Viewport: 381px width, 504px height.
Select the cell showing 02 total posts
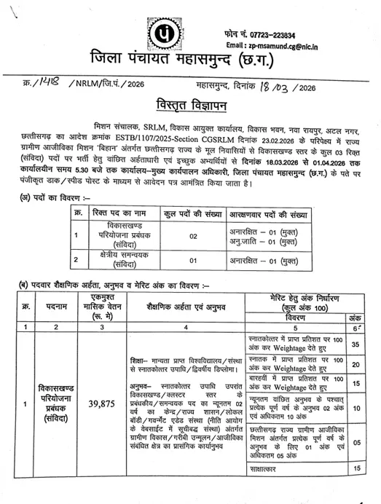click(172, 235)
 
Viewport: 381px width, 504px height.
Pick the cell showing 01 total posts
click(172, 259)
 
